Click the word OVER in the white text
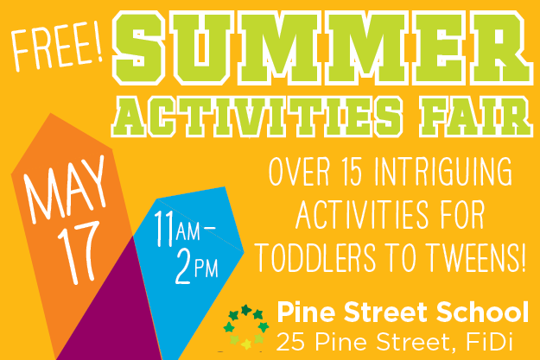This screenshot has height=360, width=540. tap(298, 172)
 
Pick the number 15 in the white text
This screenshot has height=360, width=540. tap(359, 172)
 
